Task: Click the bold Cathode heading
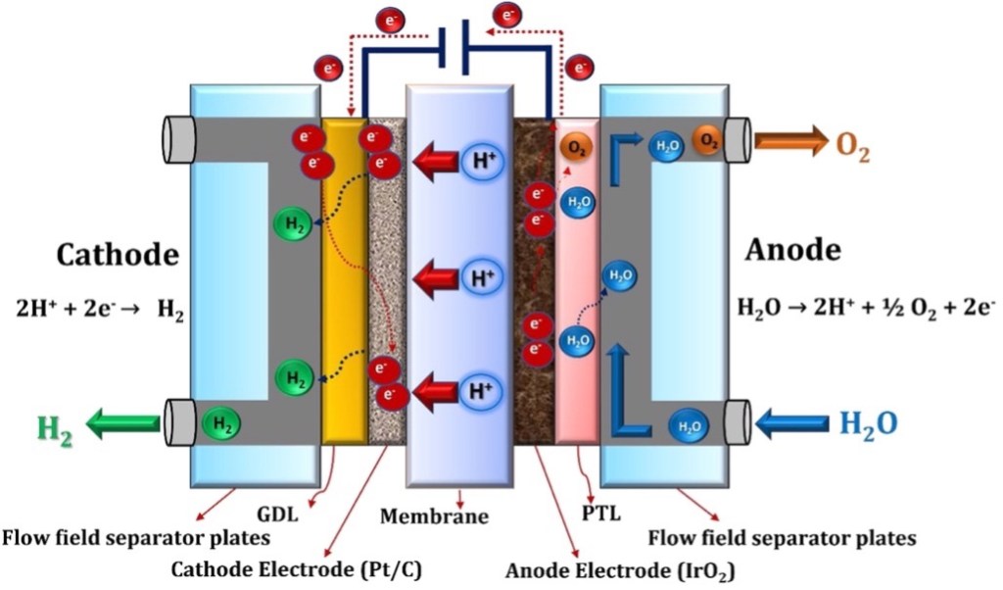117,256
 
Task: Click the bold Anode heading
792,250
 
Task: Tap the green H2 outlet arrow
123,423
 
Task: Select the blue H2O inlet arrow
792,424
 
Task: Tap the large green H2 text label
54,428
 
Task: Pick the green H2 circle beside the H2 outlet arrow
222,424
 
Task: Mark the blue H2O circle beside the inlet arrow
690,426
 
